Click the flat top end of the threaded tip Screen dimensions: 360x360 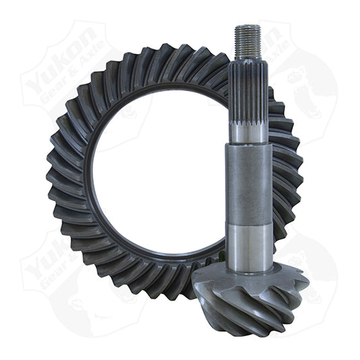pos(248,26)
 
